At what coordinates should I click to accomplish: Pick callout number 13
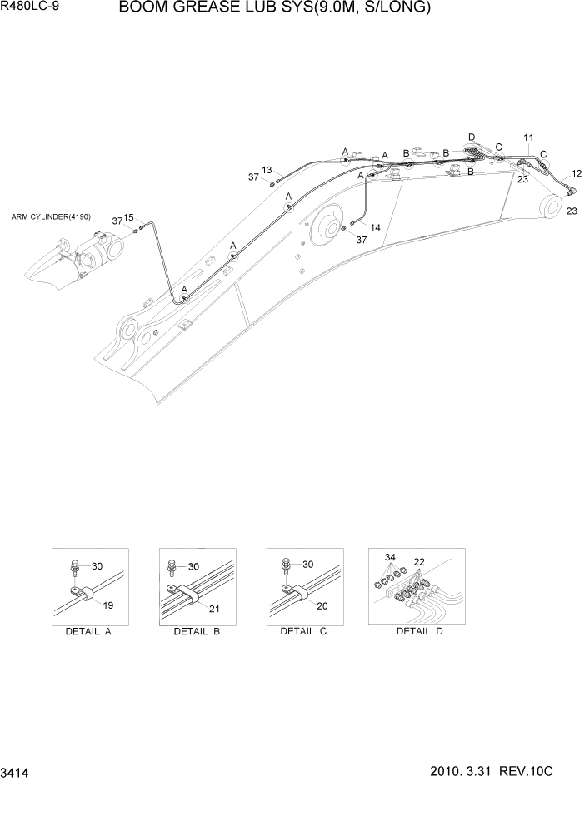point(267,170)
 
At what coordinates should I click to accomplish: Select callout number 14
point(375,227)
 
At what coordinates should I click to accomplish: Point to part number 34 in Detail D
point(389,555)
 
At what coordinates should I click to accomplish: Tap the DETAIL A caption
point(88,632)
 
